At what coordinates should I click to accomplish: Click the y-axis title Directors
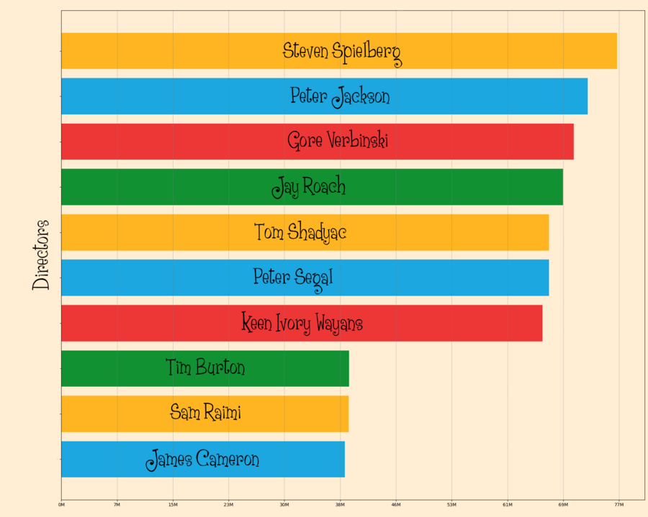42,255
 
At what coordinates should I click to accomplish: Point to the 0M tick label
61,505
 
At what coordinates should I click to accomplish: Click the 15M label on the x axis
173,505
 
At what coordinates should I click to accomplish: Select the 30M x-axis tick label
284,505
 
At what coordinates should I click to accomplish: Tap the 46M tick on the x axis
396,505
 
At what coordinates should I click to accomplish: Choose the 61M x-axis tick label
508,505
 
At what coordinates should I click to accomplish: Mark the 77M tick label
619,505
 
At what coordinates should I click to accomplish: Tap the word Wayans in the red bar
338,324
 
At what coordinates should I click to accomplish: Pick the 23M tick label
229,505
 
